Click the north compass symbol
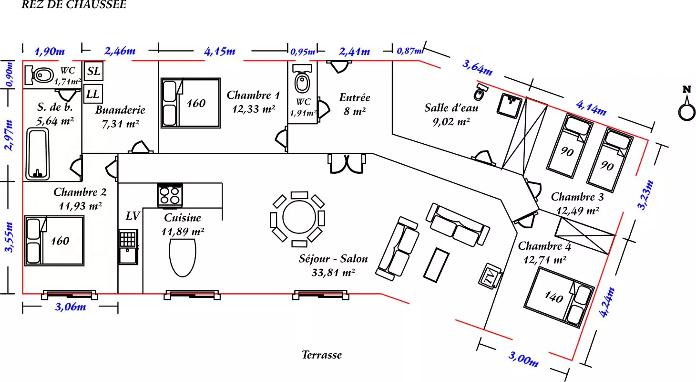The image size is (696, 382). point(687,108)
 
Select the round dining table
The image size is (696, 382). point(299,218)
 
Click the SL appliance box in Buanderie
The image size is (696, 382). point(93,71)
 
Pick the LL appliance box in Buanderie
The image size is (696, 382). point(92,94)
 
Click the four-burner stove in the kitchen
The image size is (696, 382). point(170,195)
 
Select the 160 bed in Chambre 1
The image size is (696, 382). point(190,103)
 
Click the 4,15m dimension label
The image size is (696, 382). point(220,51)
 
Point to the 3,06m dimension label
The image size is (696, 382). point(71,307)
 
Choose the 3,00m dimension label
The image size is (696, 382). point(523,359)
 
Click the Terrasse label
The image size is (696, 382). point(322,355)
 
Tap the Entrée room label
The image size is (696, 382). point(355,97)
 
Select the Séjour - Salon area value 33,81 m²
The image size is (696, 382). point(333,273)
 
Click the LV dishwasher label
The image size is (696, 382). point(133,216)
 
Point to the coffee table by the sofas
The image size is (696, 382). point(436,263)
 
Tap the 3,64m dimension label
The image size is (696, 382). point(477,67)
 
